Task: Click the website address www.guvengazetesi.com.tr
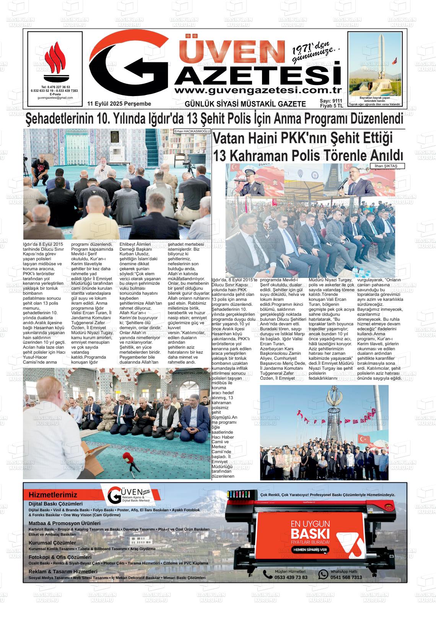tap(257, 90)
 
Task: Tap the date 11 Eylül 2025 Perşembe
tap(119, 104)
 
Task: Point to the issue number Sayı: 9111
tap(331, 101)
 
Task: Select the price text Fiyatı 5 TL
tap(331, 106)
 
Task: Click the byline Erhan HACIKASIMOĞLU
tap(192, 131)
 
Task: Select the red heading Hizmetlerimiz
tap(53, 495)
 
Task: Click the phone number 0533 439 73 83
tap(291, 577)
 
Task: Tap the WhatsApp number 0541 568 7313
tap(346, 577)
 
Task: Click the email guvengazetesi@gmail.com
tap(55, 98)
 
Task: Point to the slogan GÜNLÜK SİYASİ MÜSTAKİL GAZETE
tap(245, 104)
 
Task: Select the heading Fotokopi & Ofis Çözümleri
tap(60, 557)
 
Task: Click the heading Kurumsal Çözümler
tap(52, 543)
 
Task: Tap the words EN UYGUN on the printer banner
tap(310, 523)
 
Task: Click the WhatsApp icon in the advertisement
tap(324, 574)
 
